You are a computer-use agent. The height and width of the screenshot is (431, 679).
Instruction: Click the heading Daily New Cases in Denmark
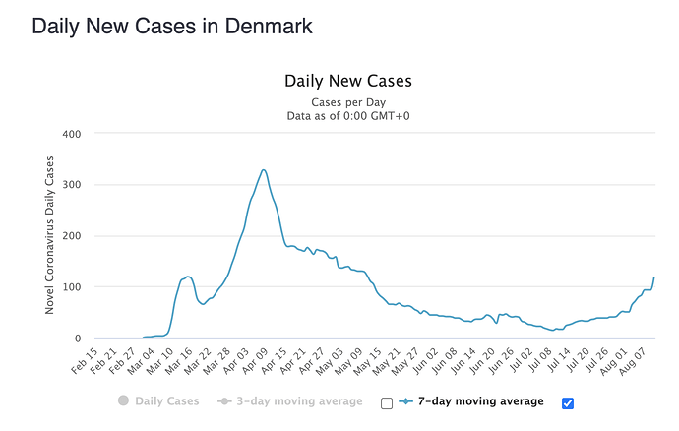pos(172,27)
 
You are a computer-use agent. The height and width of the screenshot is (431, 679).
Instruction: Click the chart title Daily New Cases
pos(347,81)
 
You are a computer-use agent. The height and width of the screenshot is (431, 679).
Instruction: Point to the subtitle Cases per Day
pos(347,101)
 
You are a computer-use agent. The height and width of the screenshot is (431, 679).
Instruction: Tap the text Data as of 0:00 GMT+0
pos(347,115)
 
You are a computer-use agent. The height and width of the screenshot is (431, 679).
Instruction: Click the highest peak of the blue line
pos(264,170)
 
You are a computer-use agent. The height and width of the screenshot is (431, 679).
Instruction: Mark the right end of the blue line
pos(654,278)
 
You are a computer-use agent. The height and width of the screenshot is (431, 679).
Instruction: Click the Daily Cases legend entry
pos(157,401)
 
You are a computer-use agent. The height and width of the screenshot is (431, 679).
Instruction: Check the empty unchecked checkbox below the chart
pos(387,402)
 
